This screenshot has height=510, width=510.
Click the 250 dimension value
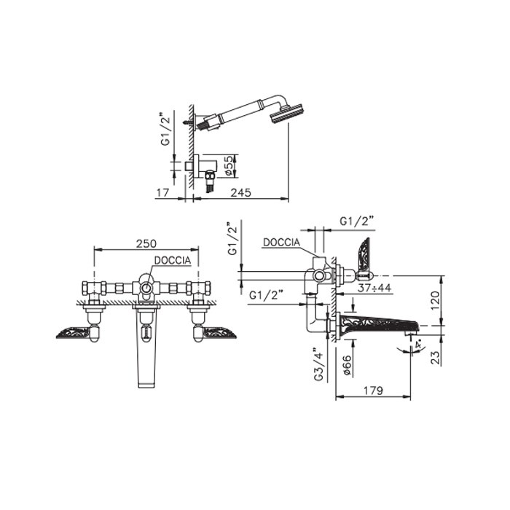coord(146,243)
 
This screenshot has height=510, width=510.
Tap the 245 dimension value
coord(240,192)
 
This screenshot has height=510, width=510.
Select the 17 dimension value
coord(162,192)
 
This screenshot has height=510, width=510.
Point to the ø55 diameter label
coord(229,165)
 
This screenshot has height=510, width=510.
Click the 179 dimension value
coord(373,391)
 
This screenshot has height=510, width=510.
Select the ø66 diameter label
coord(347,366)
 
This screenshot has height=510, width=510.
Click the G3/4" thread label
coord(319,364)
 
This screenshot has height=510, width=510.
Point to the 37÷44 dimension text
coord(374,288)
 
